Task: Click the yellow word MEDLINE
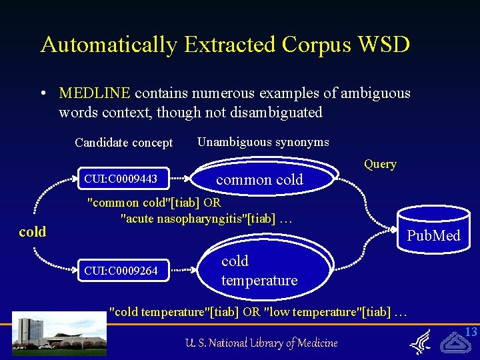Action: coord(94,93)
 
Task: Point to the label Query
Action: coord(380,164)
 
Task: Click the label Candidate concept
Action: coord(123,143)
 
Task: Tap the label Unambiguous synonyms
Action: coord(263,141)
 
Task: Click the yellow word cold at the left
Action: coord(33,232)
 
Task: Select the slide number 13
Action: coord(471,332)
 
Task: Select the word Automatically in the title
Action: coord(109,45)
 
